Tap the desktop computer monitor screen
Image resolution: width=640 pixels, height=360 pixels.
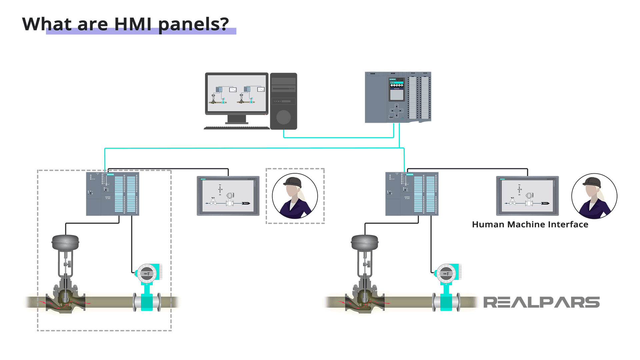click(237, 93)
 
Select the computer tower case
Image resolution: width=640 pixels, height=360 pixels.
click(283, 101)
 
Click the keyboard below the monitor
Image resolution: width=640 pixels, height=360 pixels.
click(237, 128)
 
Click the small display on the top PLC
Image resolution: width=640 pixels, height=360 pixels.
click(397, 90)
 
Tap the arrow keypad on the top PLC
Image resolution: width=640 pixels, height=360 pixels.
click(396, 110)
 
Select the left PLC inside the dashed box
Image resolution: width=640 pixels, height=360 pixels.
click(112, 194)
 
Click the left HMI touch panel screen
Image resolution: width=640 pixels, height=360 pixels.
click(228, 196)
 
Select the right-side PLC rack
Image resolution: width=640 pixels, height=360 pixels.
click(412, 194)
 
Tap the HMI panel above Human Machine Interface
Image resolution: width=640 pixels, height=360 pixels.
click(527, 196)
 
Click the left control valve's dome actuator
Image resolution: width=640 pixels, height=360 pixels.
click(65, 242)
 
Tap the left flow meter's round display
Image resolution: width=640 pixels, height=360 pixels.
click(147, 274)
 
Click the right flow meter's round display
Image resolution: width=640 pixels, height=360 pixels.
click(446, 274)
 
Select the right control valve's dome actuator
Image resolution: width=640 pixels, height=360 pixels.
click(365, 242)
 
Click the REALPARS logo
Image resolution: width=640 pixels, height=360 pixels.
click(541, 302)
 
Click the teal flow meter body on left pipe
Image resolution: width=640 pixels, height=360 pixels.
click(147, 302)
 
